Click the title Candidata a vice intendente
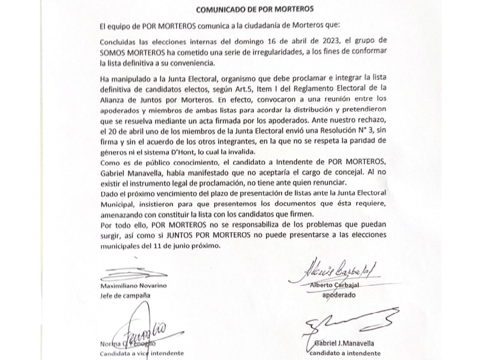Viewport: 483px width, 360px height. click(141, 354)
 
